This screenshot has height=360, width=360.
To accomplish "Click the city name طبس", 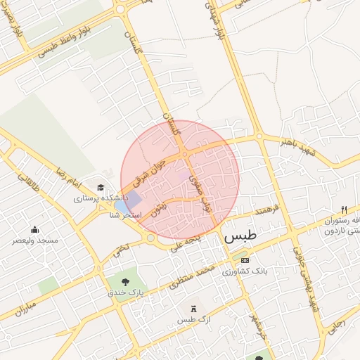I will click(241, 238).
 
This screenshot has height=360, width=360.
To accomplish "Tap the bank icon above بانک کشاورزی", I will click(245, 260).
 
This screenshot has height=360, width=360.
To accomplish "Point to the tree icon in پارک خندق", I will click(112, 279).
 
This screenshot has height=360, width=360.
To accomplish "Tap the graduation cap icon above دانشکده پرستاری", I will click(101, 188).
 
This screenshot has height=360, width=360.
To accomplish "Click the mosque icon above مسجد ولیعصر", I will click(35, 229).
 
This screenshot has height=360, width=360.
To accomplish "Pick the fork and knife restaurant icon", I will click(344, 210).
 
